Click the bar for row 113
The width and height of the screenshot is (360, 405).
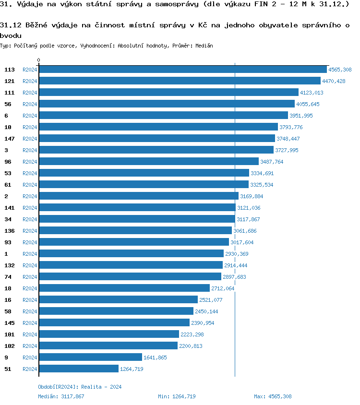pos(182,70)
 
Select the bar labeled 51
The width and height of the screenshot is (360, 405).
pos(79,369)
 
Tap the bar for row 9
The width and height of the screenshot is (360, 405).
pos(90,357)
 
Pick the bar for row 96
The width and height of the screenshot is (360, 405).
pos(149,162)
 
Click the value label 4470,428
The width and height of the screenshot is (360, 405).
pos(334,81)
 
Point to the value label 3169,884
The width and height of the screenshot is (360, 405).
pos(252,196)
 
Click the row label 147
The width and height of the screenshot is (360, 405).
pos(10,139)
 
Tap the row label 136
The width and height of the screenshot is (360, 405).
pos(10,231)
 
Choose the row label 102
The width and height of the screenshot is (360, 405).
pos(10,346)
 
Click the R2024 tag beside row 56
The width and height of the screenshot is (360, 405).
pos(30,104)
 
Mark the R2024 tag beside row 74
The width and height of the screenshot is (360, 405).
pos(30,277)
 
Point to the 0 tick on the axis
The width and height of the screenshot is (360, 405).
pos(39,60)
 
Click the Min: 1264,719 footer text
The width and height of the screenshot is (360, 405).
pos(177,396)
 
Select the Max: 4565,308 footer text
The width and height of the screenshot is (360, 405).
pos(273,396)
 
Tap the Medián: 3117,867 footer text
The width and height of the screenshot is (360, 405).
pos(61,396)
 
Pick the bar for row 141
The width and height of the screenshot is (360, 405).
pos(137,208)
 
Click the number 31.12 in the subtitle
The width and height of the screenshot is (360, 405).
pos(10,25)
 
